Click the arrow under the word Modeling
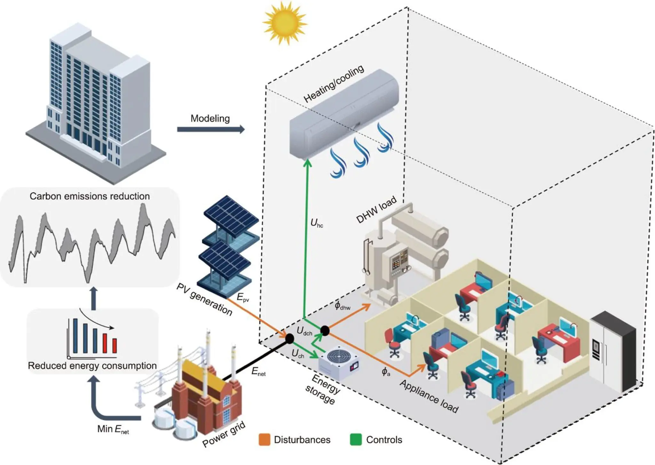(211, 129)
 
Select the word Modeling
(210, 118)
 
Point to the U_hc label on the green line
(317, 223)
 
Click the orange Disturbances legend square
(264, 440)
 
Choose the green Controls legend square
(356, 440)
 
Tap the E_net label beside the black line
(258, 372)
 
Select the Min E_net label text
(113, 429)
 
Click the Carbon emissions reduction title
(90, 196)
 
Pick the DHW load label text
(376, 210)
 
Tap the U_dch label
(304, 331)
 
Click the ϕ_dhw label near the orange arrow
(342, 306)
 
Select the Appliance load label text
(429, 396)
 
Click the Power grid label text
(224, 434)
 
